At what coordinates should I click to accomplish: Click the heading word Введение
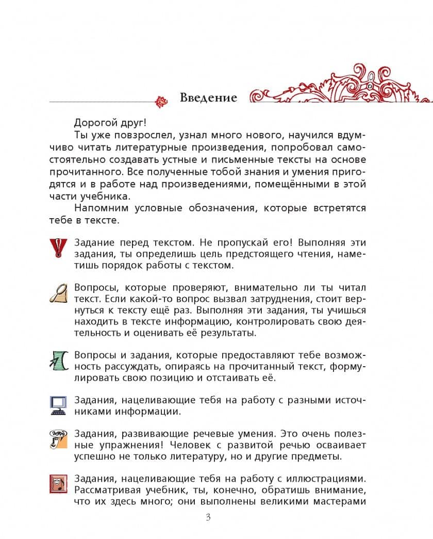point(208,97)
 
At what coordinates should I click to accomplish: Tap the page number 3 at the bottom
point(208,518)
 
